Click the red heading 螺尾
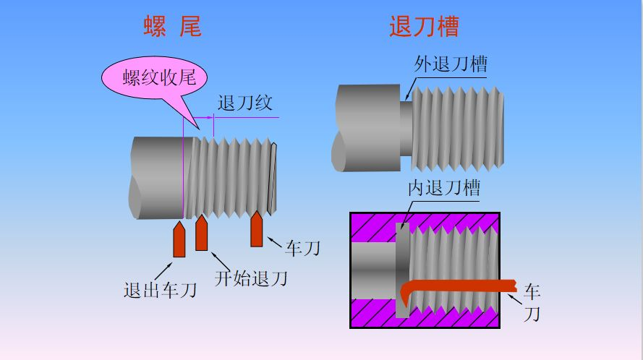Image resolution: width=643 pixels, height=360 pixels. pos(172,27)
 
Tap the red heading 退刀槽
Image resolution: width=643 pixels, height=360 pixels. pos(425,27)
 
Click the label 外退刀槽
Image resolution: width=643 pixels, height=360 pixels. pos(450,64)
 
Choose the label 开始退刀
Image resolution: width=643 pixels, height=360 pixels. pos(250,277)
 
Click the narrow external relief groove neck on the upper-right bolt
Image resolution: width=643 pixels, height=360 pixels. pos(406,127)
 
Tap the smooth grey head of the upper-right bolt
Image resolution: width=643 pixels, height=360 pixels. pos(367,127)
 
